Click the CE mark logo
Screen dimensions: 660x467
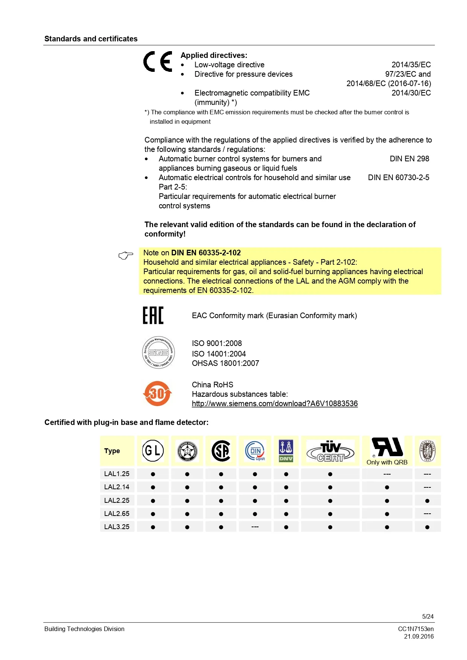click(x=158, y=61)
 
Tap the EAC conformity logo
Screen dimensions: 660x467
click(x=153, y=315)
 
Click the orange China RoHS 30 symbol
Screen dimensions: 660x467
click(x=157, y=393)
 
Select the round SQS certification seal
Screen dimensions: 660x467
click(x=158, y=352)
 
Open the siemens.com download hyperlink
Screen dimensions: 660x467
click(x=275, y=404)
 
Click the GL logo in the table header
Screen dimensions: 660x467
click(x=153, y=451)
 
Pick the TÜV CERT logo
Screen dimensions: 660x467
click(x=330, y=451)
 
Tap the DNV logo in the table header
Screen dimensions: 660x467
click(x=286, y=451)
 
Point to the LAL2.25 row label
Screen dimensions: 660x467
click(x=117, y=501)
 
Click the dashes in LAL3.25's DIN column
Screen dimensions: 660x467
click(x=255, y=527)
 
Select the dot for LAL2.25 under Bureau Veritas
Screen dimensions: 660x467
click(x=427, y=501)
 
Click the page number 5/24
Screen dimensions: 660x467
click(x=428, y=616)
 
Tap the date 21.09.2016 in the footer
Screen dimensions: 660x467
click(x=419, y=636)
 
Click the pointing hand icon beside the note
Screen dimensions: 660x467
click(x=126, y=256)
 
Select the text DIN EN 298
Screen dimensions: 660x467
click(x=409, y=159)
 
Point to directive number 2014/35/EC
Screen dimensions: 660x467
click(x=411, y=65)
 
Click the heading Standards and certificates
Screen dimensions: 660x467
click(x=91, y=39)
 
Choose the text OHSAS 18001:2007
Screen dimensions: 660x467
click(x=225, y=363)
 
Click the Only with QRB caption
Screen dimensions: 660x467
click(x=387, y=462)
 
